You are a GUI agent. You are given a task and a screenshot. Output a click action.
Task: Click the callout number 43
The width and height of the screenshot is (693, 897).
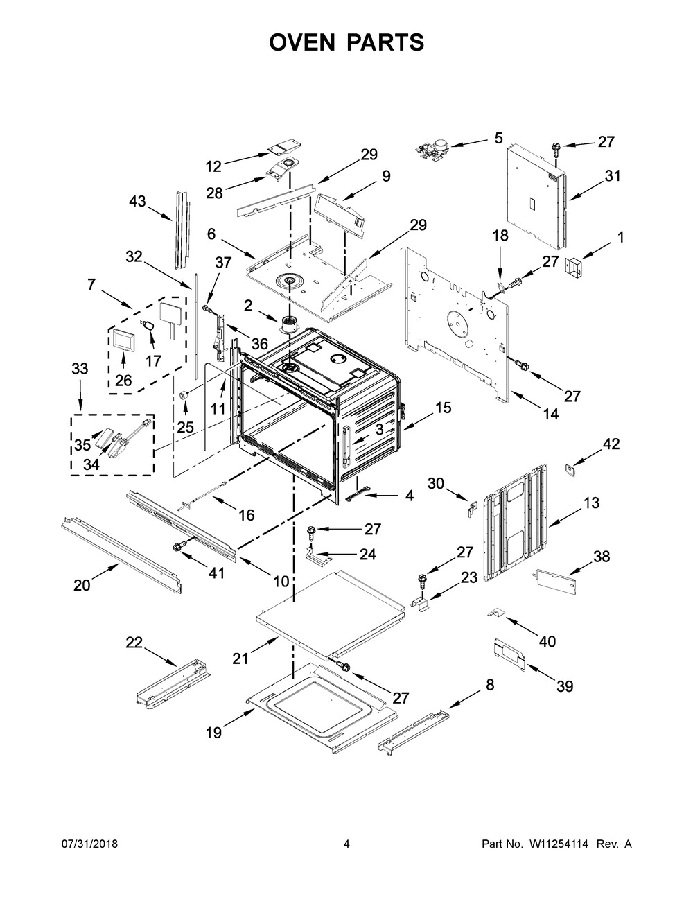tap(137, 201)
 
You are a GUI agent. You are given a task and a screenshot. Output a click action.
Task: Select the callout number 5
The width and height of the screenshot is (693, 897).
tap(499, 138)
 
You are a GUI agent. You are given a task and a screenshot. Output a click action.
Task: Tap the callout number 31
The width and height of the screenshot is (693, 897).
tap(612, 176)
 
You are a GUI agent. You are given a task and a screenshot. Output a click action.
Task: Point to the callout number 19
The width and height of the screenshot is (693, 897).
tap(214, 732)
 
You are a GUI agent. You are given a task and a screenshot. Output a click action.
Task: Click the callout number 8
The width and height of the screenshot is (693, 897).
tap(490, 684)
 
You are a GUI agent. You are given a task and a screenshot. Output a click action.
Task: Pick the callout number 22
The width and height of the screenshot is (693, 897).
tap(134, 643)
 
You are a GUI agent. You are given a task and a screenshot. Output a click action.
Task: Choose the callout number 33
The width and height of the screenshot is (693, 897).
tap(80, 369)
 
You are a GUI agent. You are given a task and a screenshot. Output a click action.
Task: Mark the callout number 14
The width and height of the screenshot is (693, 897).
tap(550, 415)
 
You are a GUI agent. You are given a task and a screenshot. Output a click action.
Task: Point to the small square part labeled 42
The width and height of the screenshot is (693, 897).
tap(571, 470)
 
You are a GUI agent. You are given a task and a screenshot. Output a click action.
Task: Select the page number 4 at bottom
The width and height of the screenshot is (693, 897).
tap(346, 844)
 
